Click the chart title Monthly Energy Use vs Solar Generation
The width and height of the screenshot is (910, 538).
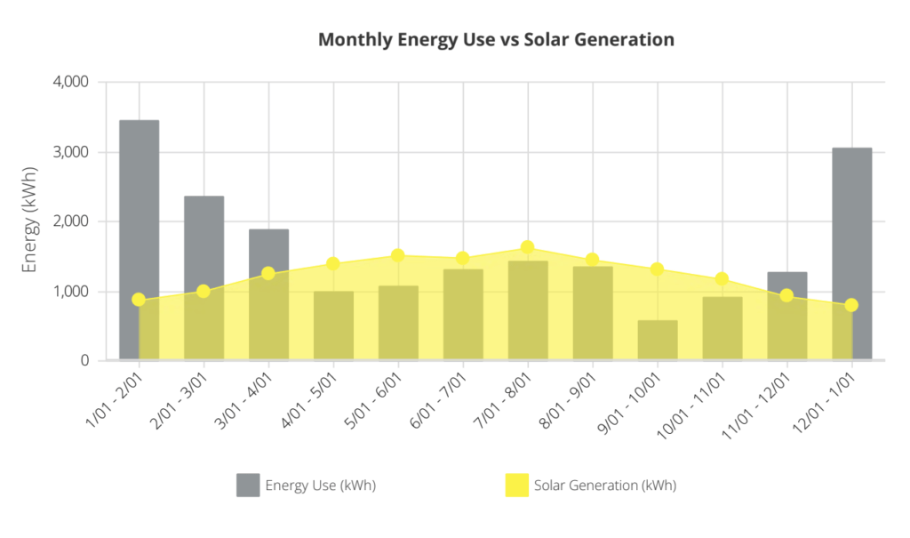tap(496, 40)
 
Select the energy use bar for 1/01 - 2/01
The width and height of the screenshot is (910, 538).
tap(139, 240)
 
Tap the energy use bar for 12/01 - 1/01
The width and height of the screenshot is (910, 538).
tap(851, 253)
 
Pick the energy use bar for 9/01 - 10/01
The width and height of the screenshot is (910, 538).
tap(658, 341)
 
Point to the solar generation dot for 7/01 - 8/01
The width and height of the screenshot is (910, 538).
tap(527, 247)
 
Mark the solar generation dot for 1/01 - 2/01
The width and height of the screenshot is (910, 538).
tap(139, 300)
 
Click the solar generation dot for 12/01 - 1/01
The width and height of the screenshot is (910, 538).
tap(851, 305)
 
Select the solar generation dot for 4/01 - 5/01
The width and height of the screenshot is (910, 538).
tap(333, 263)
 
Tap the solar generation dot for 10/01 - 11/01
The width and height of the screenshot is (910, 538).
tap(722, 279)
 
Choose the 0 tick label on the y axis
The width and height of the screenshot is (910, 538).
tap(84, 361)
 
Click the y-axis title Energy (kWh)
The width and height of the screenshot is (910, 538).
tap(30, 221)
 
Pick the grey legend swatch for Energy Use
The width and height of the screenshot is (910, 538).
tap(248, 486)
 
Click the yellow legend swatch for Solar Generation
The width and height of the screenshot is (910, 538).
tap(516, 486)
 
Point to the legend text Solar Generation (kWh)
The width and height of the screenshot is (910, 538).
tap(605, 486)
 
